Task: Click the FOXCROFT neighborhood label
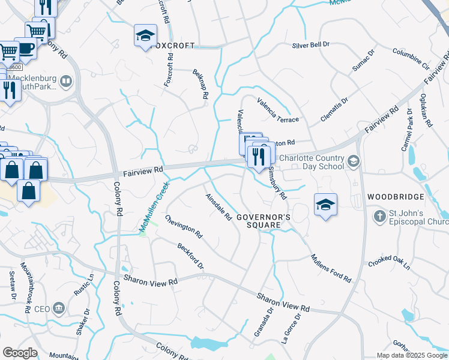pyautogui.click(x=173, y=46)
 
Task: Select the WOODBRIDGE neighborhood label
pyautogui.click(x=396, y=197)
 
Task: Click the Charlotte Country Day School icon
pyautogui.click(x=354, y=160)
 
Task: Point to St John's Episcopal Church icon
pyautogui.click(x=379, y=215)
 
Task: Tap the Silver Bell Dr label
pyautogui.click(x=311, y=45)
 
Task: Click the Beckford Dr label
pyautogui.click(x=190, y=256)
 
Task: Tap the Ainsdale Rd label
pyautogui.click(x=218, y=207)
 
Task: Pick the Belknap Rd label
pyautogui.click(x=200, y=84)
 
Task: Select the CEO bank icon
pyautogui.click(x=59, y=309)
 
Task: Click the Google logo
pyautogui.click(x=20, y=353)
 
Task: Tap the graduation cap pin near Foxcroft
pyautogui.click(x=145, y=37)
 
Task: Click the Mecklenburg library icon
pyautogui.click(x=67, y=81)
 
